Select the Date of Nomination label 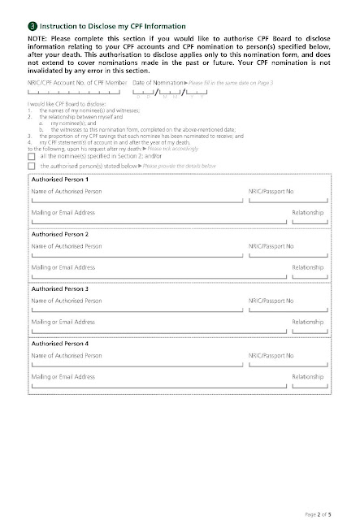pos(158,106)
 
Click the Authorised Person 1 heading pos(60,178)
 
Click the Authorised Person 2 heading pos(60,233)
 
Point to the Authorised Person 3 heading pos(60,288)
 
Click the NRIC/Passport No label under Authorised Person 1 pos(271,190)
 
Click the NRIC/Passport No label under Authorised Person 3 pos(271,301)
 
